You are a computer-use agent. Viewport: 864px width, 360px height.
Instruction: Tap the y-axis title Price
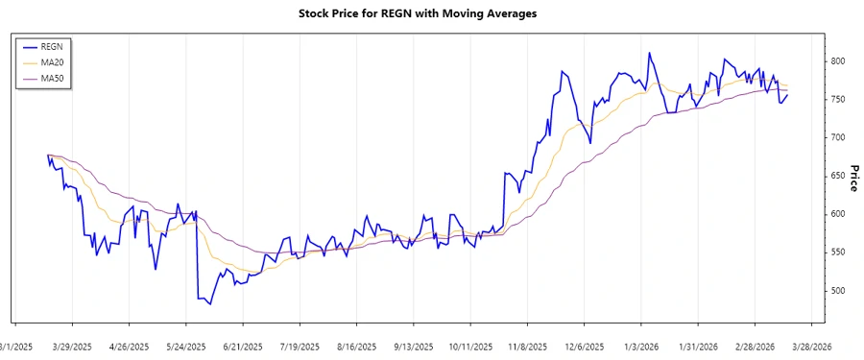point(852,178)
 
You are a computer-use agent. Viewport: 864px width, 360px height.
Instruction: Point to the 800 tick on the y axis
point(838,60)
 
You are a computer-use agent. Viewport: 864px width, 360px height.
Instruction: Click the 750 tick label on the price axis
point(838,99)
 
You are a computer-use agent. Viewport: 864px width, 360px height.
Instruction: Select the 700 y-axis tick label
point(838,137)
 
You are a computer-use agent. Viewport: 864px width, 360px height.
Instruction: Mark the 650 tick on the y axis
point(838,176)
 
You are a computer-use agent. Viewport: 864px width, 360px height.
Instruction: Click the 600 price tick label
point(838,214)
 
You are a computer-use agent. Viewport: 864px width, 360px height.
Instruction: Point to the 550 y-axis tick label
point(838,252)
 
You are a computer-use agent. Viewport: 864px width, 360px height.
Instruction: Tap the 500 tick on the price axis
point(838,291)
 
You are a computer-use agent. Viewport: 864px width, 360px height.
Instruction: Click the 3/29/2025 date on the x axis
point(72,346)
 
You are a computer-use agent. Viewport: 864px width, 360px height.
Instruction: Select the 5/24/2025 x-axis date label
point(185,346)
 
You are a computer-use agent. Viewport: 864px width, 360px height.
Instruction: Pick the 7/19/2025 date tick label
point(300,346)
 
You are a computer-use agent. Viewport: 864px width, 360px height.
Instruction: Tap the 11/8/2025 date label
point(527,346)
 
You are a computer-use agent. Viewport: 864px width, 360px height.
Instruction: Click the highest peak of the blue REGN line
point(649,53)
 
